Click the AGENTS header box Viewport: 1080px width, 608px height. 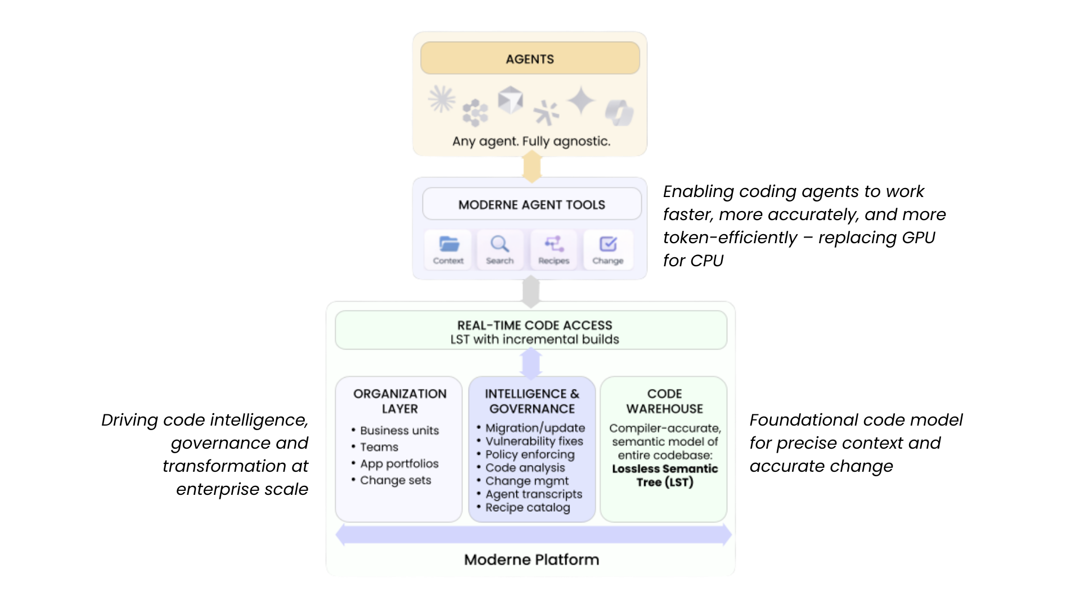click(529, 59)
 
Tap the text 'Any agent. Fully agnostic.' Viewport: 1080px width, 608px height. click(531, 141)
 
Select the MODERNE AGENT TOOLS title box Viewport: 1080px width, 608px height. click(532, 204)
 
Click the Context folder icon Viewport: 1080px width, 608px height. click(448, 244)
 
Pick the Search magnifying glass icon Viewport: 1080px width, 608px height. click(499, 244)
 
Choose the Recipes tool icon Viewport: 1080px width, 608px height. click(553, 244)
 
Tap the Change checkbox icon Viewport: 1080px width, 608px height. click(607, 244)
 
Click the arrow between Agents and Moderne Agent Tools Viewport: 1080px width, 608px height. click(532, 167)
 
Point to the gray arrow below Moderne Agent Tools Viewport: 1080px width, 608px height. click(531, 291)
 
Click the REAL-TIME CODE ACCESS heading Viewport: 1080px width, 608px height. click(534, 325)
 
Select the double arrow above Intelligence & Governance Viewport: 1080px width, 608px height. click(531, 363)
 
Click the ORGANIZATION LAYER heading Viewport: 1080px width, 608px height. click(399, 401)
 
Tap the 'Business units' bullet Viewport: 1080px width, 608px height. click(399, 431)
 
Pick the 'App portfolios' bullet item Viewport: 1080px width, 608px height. click(399, 464)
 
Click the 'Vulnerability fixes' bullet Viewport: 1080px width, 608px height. click(534, 441)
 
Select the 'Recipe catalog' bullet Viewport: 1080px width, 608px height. click(527, 508)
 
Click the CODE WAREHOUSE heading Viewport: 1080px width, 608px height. click(664, 401)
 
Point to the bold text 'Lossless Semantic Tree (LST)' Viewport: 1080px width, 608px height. click(665, 475)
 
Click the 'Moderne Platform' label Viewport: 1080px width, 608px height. click(531, 560)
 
